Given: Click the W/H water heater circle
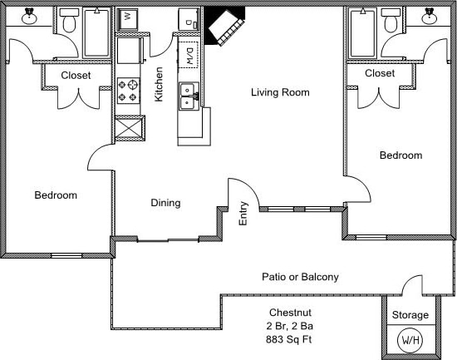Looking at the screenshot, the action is (410, 340).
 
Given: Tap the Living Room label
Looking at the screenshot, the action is (280, 92).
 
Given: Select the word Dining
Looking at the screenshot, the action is (165, 203).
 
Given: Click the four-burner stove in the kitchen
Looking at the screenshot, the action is (129, 91).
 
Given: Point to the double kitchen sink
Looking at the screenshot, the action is (189, 96).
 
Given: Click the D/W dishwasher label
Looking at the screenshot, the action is (189, 56).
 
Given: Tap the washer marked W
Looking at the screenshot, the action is (127, 19).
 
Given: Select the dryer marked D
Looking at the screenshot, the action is (189, 19).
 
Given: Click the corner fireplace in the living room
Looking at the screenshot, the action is (224, 27).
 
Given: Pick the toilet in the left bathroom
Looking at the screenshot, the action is (69, 21).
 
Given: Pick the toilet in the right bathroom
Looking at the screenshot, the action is (391, 21).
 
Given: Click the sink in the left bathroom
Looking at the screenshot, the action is (29, 17).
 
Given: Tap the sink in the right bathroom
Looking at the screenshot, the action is (430, 17).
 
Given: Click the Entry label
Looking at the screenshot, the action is (243, 214).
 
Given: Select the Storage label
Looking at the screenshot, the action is (410, 315).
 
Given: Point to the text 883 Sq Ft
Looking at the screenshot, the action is (289, 339).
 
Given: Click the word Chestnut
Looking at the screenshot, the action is (290, 313).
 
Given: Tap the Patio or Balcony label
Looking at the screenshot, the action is (300, 277).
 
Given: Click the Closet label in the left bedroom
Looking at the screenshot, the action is (76, 76).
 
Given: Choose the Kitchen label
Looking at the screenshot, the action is (159, 84).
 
